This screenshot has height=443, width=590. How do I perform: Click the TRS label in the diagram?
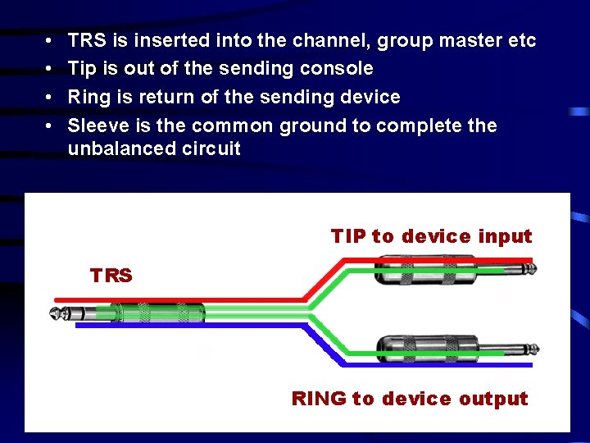point(111,276)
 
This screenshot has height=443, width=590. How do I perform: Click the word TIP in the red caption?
point(348,236)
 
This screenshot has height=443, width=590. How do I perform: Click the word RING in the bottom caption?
point(319,399)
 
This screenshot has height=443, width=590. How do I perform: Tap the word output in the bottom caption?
point(493,399)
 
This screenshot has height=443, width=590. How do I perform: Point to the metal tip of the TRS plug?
point(57,314)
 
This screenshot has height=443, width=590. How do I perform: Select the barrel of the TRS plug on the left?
point(156,314)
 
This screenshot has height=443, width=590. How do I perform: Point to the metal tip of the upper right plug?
point(529,269)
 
